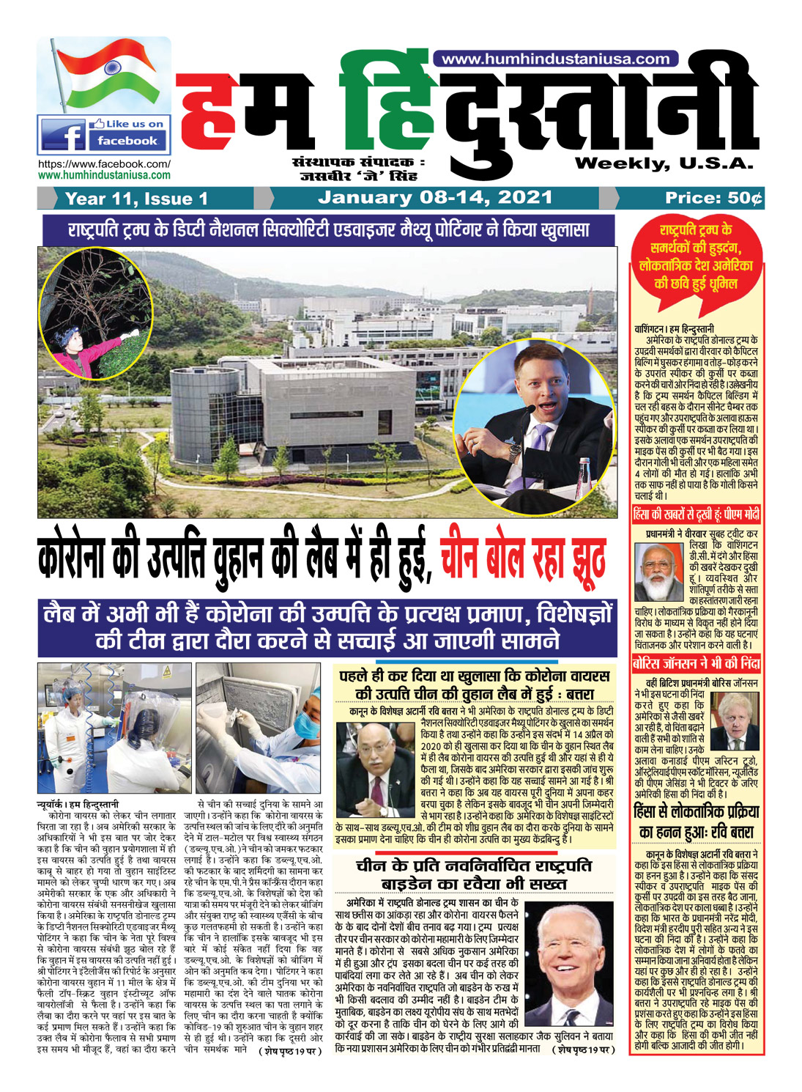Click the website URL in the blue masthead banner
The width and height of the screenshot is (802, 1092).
(x=557, y=59)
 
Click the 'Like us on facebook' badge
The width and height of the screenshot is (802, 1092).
(x=104, y=133)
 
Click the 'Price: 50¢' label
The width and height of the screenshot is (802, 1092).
(x=713, y=198)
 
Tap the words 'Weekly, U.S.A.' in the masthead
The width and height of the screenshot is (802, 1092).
(x=664, y=163)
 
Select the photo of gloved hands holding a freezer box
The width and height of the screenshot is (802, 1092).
(x=259, y=728)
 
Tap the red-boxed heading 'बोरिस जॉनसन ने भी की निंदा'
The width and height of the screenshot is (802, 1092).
(x=696, y=665)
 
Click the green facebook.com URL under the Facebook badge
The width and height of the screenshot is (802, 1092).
(x=104, y=175)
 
